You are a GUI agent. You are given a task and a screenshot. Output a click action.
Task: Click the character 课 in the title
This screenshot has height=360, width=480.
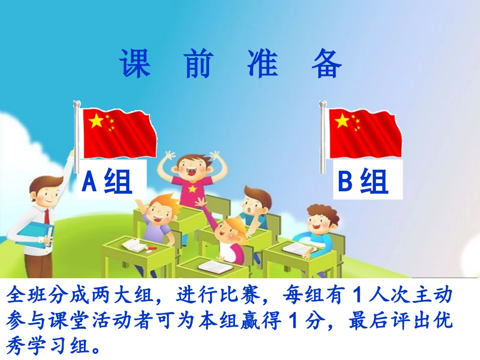tap(135, 64)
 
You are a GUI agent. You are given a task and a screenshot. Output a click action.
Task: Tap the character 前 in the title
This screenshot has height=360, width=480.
tap(197, 64)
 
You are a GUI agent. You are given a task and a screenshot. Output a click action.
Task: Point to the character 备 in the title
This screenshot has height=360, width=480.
tap(327, 64)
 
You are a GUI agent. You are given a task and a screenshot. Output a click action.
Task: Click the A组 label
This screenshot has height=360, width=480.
tap(107, 181)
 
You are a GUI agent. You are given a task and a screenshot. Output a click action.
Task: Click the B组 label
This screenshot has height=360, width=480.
tap(363, 181)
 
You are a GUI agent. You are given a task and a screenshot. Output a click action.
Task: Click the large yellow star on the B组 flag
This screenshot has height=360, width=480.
tap(342, 120)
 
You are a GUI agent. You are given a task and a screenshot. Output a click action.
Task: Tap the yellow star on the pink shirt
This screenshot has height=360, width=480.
tap(192, 189)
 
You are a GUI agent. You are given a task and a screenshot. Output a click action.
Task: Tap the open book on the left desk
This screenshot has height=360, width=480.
tap(134, 245)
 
